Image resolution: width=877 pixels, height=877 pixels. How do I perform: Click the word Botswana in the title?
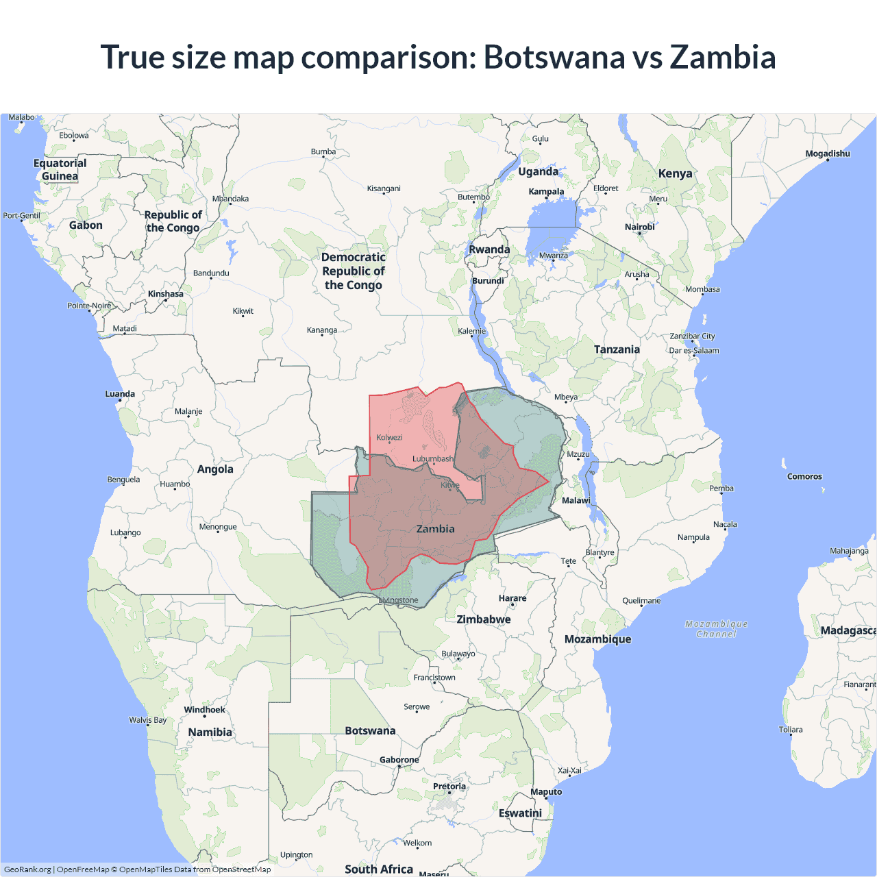[554, 57]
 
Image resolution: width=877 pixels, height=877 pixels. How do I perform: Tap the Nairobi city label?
[639, 227]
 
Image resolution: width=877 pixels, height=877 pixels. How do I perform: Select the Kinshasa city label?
[165, 294]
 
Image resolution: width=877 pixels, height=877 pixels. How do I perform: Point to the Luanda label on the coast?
[120, 394]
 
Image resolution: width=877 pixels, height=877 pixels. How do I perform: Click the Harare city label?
[512, 598]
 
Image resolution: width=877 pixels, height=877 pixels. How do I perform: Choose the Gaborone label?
[399, 760]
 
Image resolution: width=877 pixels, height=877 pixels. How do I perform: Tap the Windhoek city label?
[204, 710]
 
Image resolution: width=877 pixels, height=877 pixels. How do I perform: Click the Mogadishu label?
[827, 153]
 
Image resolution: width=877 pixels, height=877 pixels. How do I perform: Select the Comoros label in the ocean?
[804, 476]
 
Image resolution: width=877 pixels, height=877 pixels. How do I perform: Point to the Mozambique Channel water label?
[716, 629]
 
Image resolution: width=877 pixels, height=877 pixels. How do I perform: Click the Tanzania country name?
[617, 349]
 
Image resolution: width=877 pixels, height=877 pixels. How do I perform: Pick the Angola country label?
[215, 469]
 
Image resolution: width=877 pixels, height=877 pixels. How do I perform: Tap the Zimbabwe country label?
[484, 619]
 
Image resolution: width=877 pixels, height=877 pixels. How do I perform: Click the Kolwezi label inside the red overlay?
[389, 437]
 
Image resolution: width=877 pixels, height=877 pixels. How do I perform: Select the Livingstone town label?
[398, 600]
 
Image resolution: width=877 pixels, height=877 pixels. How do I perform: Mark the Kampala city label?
[546, 192]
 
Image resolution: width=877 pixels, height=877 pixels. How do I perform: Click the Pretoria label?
[449, 787]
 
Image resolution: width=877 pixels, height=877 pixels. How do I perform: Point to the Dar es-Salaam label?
[694, 351]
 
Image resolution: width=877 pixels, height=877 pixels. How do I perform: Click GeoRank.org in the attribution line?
[27, 869]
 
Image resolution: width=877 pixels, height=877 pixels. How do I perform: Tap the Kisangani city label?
[384, 188]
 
